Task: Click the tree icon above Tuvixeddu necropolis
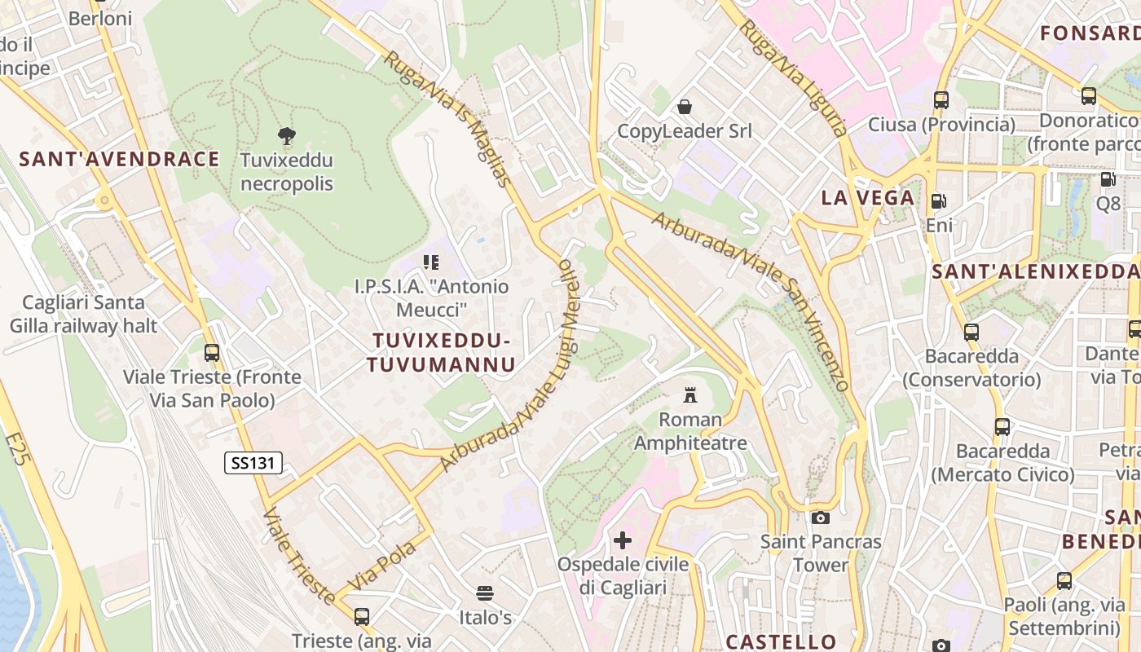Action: coord(286,135)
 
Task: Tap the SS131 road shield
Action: coord(253,463)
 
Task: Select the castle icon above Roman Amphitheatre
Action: coord(690,395)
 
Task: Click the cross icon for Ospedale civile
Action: coord(623,540)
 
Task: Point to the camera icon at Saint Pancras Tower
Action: coord(821,518)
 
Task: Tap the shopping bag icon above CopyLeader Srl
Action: coord(685,107)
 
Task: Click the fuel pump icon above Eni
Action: coord(939,200)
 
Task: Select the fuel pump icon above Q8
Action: coord(1108,179)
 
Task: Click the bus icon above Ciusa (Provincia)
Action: coord(941,100)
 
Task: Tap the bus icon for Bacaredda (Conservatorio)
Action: coord(971,333)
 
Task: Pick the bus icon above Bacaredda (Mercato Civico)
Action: coord(1002,426)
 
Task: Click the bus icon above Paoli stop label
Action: coord(1064,581)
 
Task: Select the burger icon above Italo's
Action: coord(485,593)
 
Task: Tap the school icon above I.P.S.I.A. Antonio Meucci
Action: coord(431,262)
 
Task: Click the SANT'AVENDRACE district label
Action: coord(120,159)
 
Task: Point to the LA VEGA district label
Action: coord(867,197)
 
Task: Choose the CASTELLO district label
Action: coord(781,641)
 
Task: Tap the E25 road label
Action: coord(19,449)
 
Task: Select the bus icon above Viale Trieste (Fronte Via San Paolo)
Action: coord(212,353)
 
